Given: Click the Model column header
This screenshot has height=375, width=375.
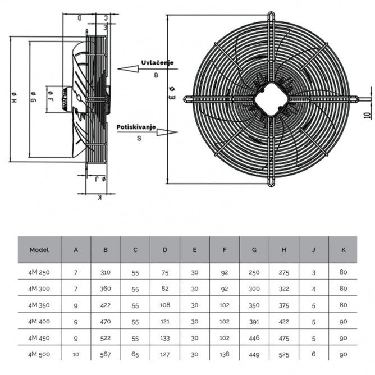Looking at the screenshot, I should click(x=39, y=250).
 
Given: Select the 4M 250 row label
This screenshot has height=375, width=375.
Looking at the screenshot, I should click(x=39, y=272).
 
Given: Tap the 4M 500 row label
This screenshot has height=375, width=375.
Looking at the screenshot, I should click(x=39, y=354).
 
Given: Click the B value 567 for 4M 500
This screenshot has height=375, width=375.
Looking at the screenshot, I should click(x=106, y=354).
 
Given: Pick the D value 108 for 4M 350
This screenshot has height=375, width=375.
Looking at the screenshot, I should click(x=165, y=305).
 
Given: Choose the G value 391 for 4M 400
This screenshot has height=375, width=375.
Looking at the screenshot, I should click(x=254, y=322).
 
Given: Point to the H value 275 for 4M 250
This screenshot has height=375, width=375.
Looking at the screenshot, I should click(x=284, y=272).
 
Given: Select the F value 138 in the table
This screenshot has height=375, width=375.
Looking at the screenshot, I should click(x=225, y=354).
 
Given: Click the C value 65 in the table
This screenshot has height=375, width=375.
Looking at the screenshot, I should click(x=135, y=354).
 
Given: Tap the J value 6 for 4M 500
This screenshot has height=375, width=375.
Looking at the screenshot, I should click(x=314, y=354).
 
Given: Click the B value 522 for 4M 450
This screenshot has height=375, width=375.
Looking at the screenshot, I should click(x=106, y=338).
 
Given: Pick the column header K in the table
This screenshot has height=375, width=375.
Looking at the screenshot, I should click(x=343, y=250).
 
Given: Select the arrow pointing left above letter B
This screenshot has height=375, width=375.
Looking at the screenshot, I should click(x=129, y=69).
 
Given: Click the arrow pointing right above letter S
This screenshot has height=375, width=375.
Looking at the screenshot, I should click(x=166, y=132).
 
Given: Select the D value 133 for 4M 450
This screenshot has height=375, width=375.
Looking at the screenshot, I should click(x=165, y=338).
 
